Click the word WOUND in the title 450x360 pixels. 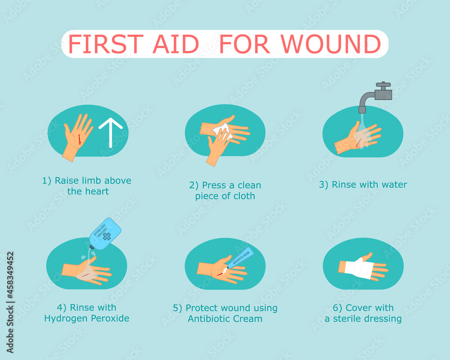(333, 44)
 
